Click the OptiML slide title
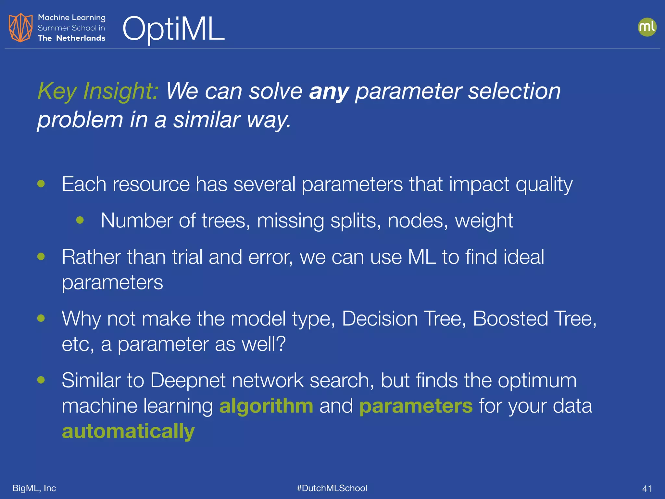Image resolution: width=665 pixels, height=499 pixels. click(173, 29)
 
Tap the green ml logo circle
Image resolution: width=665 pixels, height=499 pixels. click(647, 27)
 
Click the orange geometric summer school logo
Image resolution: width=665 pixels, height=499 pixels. click(20, 28)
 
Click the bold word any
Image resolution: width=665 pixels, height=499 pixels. click(329, 92)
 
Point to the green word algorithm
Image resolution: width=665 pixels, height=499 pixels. click(266, 406)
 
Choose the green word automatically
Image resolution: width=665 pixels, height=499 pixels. click(128, 431)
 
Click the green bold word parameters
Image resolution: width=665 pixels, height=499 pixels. click(416, 406)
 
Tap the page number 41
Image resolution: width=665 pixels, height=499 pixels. click(647, 489)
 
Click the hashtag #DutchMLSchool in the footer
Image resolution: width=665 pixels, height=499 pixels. click(332, 488)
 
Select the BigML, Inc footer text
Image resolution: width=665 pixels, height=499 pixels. click(34, 488)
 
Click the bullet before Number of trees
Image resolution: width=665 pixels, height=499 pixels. click(80, 221)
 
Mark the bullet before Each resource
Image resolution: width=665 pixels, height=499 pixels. click(41, 184)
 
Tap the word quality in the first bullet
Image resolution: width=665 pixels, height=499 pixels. click(544, 185)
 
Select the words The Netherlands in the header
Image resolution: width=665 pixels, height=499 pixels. click(71, 38)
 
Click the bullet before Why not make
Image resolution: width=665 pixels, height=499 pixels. click(41, 318)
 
